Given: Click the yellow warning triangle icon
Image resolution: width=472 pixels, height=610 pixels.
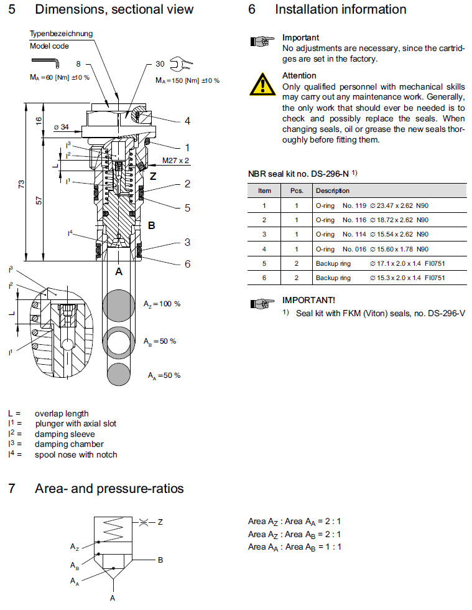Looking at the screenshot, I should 263,83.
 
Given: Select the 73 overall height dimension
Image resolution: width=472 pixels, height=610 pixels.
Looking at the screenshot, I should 22,183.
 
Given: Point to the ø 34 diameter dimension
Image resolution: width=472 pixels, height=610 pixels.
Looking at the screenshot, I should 62,126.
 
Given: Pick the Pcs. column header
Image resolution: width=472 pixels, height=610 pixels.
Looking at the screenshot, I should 297,190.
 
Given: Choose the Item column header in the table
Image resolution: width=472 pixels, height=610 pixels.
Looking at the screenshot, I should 264,190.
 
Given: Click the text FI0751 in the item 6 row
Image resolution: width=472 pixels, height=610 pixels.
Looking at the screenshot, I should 434,278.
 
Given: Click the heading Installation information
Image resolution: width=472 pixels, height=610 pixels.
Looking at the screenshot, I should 340,9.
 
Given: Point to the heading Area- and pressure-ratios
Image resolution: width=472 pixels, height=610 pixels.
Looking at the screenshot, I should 109,489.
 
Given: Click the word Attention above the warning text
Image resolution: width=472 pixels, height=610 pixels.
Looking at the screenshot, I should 299,75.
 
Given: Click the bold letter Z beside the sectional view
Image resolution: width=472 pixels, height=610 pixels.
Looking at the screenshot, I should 153,176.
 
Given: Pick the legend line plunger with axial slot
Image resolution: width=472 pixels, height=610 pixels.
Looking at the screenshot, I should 75,424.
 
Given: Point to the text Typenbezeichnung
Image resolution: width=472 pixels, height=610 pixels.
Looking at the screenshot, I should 62,33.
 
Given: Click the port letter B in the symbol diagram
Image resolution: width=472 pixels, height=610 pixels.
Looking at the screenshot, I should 160,560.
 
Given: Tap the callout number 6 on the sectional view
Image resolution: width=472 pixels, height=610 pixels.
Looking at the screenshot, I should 187,264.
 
